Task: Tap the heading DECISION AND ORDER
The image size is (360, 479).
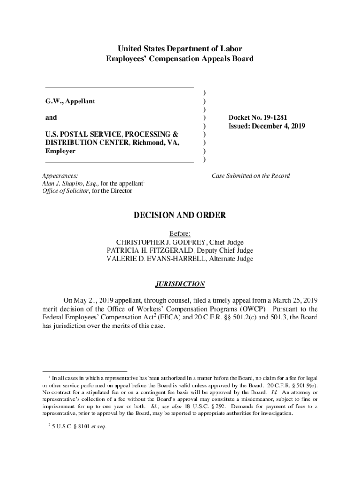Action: coord(180,215)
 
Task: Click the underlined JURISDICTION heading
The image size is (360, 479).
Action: coord(180,284)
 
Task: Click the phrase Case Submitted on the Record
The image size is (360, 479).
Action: coord(251,176)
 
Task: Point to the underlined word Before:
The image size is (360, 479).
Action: coord(180,233)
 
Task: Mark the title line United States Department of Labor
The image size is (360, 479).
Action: coord(180,49)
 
